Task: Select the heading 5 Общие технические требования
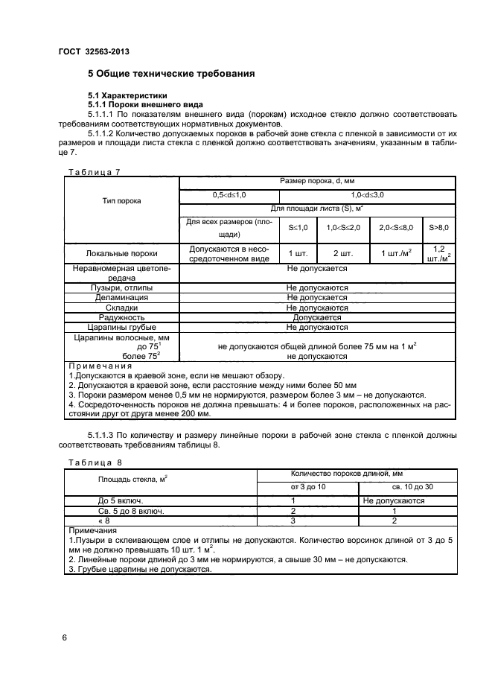[172, 74]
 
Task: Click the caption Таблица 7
[94, 172]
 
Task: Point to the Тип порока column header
[122, 201]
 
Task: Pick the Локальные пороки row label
[122, 253]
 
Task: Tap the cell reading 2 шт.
[342, 253]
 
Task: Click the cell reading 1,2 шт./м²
[439, 253]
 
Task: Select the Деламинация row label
[122, 297]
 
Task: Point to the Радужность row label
[122, 316]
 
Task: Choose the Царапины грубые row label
[122, 326]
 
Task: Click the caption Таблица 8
[94, 462]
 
